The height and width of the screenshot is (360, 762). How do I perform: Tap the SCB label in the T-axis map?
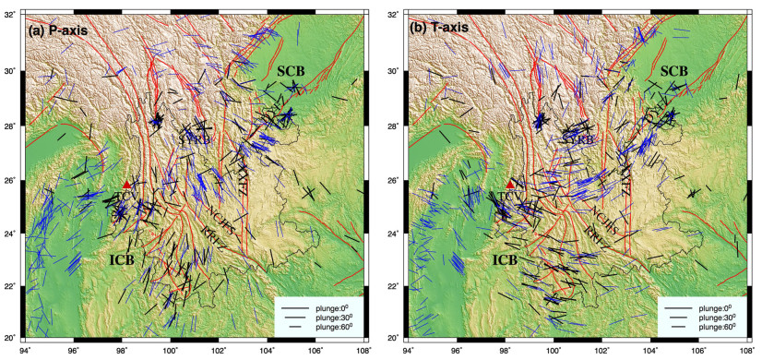coord(673,71)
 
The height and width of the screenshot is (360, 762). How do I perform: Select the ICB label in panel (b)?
coord(504,259)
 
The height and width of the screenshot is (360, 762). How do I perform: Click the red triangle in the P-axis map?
coord(126,185)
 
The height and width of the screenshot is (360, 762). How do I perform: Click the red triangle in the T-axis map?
coord(509,185)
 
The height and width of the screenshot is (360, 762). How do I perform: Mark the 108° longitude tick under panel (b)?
coord(744,351)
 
